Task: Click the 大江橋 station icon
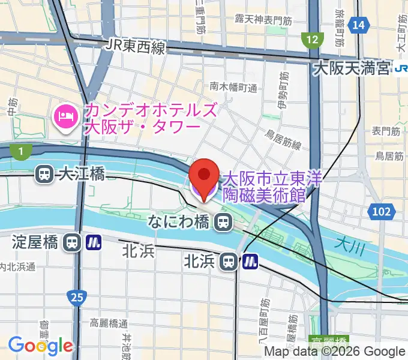[x=44, y=174]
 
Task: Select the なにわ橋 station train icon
[x=223, y=223]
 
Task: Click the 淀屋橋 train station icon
[x=72, y=242]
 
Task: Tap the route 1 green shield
[x=21, y=152]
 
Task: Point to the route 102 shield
[x=381, y=211]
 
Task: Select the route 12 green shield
[x=311, y=40]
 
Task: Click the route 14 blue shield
[x=359, y=25]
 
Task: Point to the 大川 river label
[x=347, y=244]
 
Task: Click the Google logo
[x=40, y=346]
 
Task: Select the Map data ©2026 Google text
[x=335, y=352]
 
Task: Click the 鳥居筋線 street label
[x=284, y=144]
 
